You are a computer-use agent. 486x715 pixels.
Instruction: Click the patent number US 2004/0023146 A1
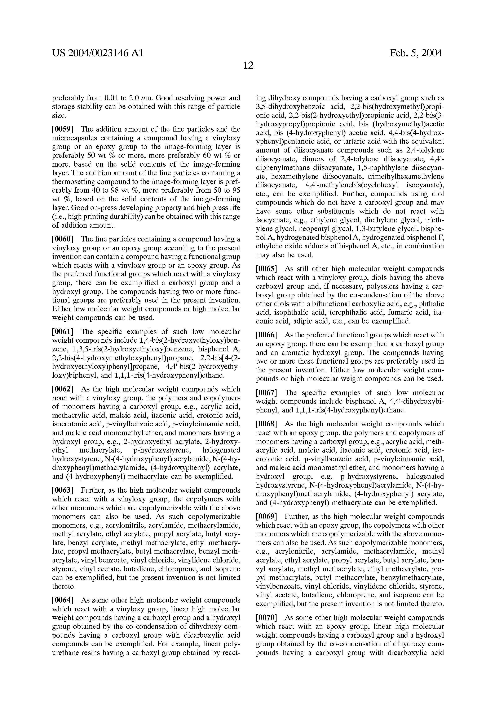tap(98, 53)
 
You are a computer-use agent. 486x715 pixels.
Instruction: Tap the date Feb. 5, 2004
tap(416, 53)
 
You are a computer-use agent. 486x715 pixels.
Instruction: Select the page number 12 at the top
tap(248, 65)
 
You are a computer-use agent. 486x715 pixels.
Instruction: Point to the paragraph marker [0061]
tap(62, 332)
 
